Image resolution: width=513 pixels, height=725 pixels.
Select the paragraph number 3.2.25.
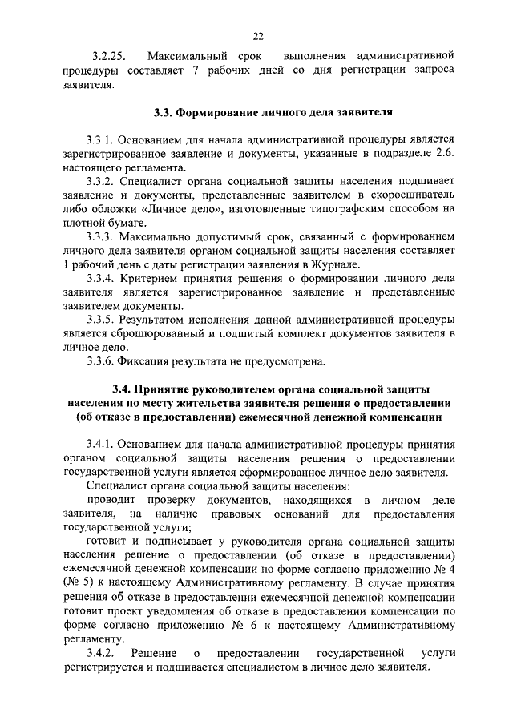pyautogui.click(x=105, y=57)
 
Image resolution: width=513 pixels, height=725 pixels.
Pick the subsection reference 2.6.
pyautogui.click(x=445, y=154)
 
